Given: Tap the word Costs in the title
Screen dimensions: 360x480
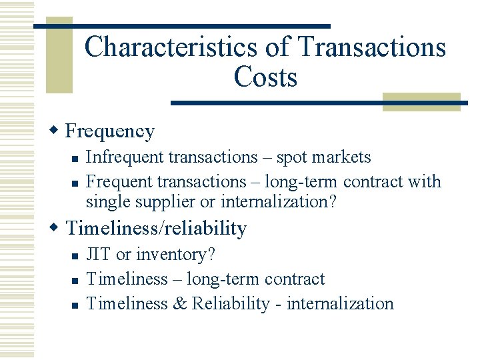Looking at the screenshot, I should pyautogui.click(x=265, y=77).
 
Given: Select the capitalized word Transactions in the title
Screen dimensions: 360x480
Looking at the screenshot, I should pyautogui.click(x=372, y=47).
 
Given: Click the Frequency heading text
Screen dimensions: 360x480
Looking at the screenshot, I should pyautogui.click(x=110, y=131).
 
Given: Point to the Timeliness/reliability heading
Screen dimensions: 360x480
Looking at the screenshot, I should pyautogui.click(x=156, y=229).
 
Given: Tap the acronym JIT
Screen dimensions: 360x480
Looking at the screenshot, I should pyautogui.click(x=99, y=255).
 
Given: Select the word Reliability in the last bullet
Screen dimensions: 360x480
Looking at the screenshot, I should pyautogui.click(x=230, y=303).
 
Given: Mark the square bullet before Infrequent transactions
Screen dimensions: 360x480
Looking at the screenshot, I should pyautogui.click(x=77, y=159).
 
